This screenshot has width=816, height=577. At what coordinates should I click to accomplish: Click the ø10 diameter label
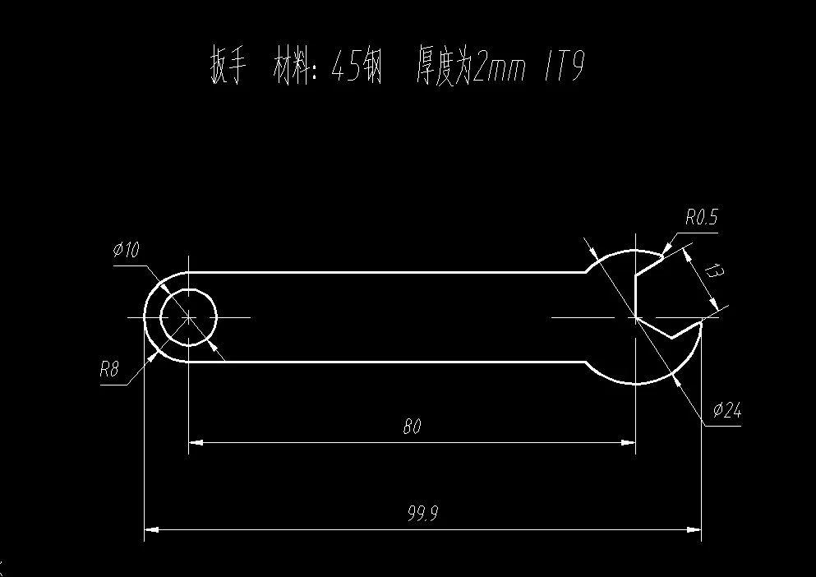click(127, 250)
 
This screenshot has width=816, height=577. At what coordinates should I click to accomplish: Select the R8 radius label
click(109, 369)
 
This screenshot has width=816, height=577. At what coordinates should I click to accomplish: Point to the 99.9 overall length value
click(422, 514)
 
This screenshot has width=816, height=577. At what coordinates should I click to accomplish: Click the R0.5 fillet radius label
click(701, 218)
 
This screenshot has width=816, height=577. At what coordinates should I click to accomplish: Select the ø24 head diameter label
click(727, 410)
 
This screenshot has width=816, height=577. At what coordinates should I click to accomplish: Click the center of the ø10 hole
click(188, 316)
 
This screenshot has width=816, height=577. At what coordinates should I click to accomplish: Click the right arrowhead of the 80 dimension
click(630, 443)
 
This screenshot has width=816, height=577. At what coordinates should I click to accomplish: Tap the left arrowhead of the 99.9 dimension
click(150, 530)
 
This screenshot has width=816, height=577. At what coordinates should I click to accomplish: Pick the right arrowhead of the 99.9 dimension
click(695, 530)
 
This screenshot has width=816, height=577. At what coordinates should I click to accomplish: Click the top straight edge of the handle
click(386, 271)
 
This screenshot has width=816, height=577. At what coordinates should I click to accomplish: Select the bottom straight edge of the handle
click(386, 361)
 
